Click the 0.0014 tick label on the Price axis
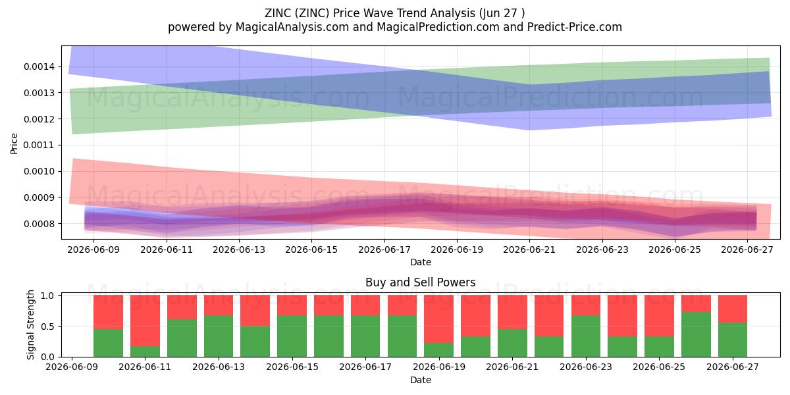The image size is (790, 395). [x=39, y=66]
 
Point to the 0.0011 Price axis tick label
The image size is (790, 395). [x=39, y=145]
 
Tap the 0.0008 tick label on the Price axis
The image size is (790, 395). [x=39, y=224]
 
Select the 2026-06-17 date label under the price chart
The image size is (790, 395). [x=384, y=250]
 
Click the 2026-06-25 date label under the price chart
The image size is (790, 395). [x=675, y=250]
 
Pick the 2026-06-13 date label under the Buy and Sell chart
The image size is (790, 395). [x=219, y=367]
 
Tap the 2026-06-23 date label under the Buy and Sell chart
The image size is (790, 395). [x=586, y=367]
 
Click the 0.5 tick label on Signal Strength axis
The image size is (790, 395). [x=47, y=327]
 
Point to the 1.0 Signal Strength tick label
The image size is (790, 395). [x=47, y=296]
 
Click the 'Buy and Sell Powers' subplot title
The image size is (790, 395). [x=421, y=282]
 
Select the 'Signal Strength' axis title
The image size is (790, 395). [x=31, y=325]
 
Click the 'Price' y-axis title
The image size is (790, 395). [x=14, y=144]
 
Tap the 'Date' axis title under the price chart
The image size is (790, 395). [x=421, y=262]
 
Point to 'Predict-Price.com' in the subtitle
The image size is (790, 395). [x=575, y=27]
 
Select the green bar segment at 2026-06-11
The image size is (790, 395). [x=145, y=352]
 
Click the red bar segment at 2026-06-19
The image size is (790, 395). [x=438, y=319]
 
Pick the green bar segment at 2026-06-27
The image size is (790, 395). [x=733, y=340]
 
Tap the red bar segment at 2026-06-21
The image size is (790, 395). [x=512, y=312]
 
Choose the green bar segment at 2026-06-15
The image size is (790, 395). [x=292, y=336]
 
